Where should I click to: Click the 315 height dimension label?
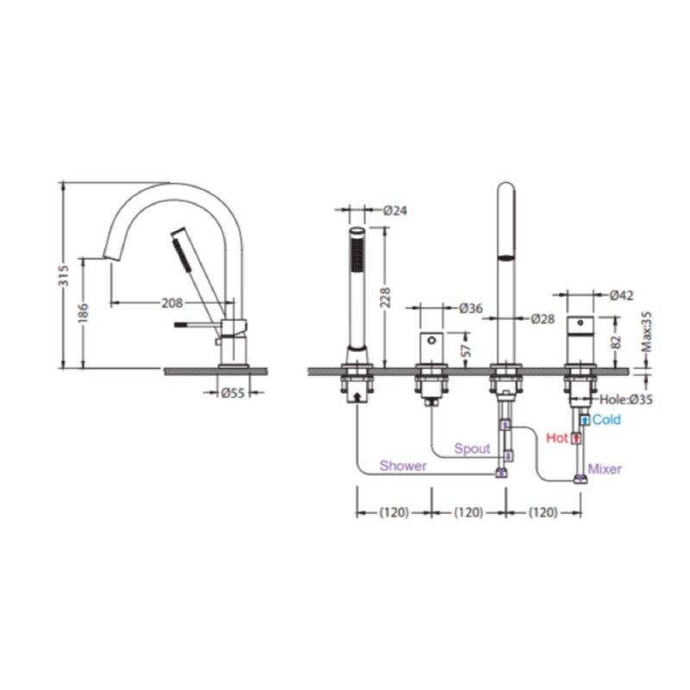(64, 275)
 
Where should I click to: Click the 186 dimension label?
(83, 313)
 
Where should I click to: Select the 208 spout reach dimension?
(172, 303)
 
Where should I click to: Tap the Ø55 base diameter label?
(232, 392)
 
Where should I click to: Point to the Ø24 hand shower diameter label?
(395, 210)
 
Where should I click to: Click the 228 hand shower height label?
(385, 298)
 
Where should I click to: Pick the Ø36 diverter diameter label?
(470, 308)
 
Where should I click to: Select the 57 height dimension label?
(467, 350)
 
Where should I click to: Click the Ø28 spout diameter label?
(543, 318)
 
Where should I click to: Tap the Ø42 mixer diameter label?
(621, 295)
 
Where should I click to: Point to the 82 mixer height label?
(617, 342)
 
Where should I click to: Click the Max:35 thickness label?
(646, 332)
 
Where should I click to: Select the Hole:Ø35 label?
(626, 399)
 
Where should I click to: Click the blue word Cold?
(606, 420)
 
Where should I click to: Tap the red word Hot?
(557, 438)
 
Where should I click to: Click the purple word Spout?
(472, 448)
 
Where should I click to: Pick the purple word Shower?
(403, 466)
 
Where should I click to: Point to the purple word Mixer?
(605, 469)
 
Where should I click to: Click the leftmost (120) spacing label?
(394, 512)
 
